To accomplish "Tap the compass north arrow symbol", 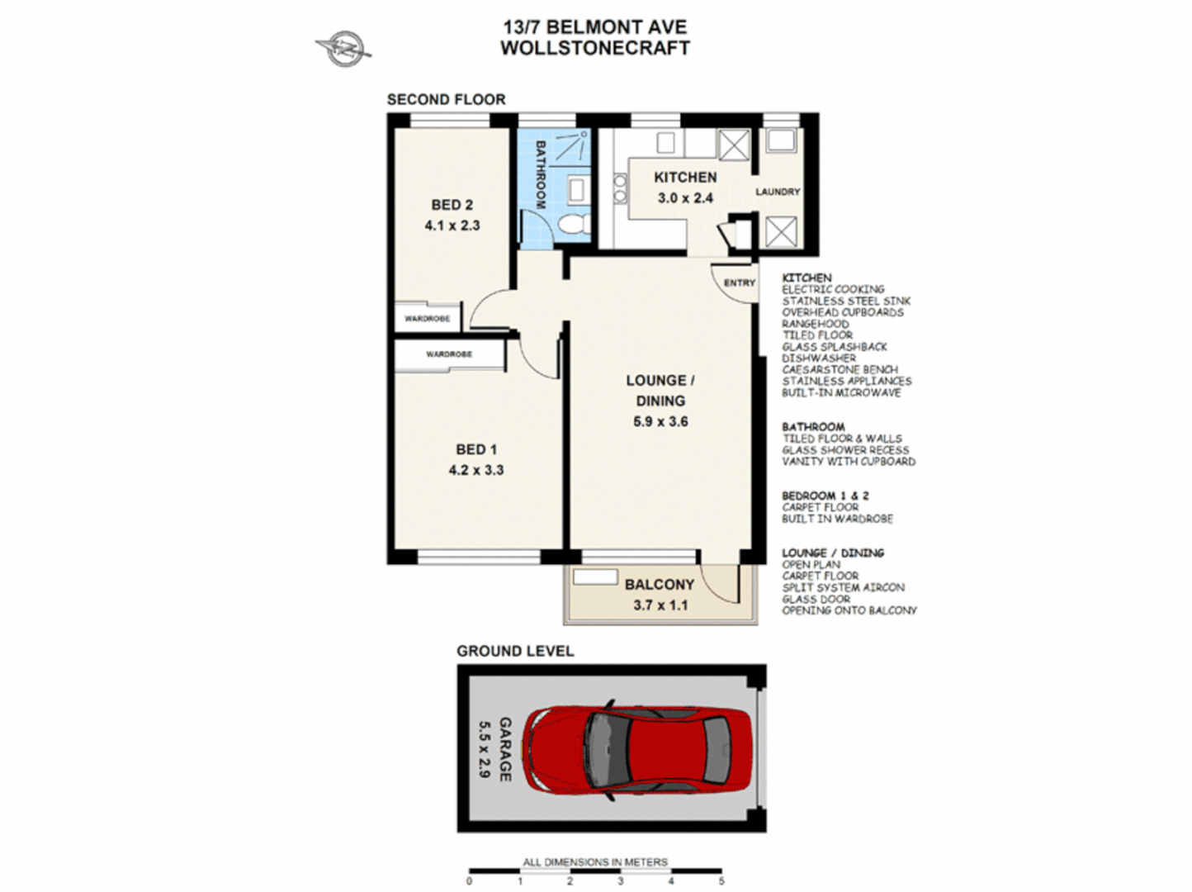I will (x=343, y=49).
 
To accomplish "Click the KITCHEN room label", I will (x=685, y=178).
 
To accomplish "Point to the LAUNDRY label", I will (x=778, y=192).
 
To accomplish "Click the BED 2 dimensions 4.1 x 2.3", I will (x=452, y=225).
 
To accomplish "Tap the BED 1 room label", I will (x=476, y=449).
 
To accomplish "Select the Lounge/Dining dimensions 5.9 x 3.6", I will (x=660, y=421).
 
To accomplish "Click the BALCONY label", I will (x=660, y=585).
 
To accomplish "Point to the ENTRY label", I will (x=740, y=283).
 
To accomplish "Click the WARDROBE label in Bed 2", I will (x=427, y=319).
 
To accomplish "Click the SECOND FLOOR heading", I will (x=446, y=100).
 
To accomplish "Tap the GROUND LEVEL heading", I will (x=515, y=652).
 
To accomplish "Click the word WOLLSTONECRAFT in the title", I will (x=595, y=48).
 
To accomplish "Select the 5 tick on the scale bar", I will (x=721, y=880).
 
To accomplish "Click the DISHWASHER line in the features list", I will (x=819, y=358).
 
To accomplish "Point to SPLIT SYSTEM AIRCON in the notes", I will (x=843, y=587).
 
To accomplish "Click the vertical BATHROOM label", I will (x=541, y=174).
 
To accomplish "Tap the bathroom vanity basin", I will (x=576, y=190).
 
